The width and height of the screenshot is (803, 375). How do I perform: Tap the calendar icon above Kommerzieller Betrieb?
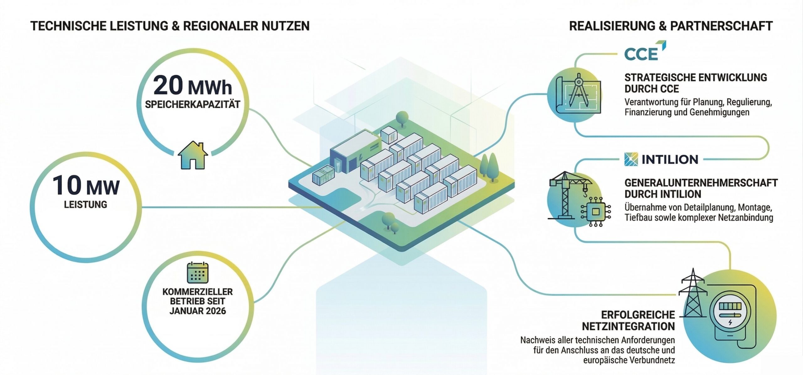coord(198,273)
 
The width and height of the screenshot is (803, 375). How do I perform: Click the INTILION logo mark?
coord(631,159)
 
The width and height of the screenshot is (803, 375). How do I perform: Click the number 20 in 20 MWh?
coord(168,86)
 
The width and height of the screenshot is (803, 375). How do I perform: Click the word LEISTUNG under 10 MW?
coord(86,205)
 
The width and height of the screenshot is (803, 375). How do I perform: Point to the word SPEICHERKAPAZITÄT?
coord(192,104)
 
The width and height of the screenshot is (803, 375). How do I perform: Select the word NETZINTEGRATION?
coord(628,326)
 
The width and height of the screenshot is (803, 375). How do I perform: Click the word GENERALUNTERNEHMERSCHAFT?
coord(701,183)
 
